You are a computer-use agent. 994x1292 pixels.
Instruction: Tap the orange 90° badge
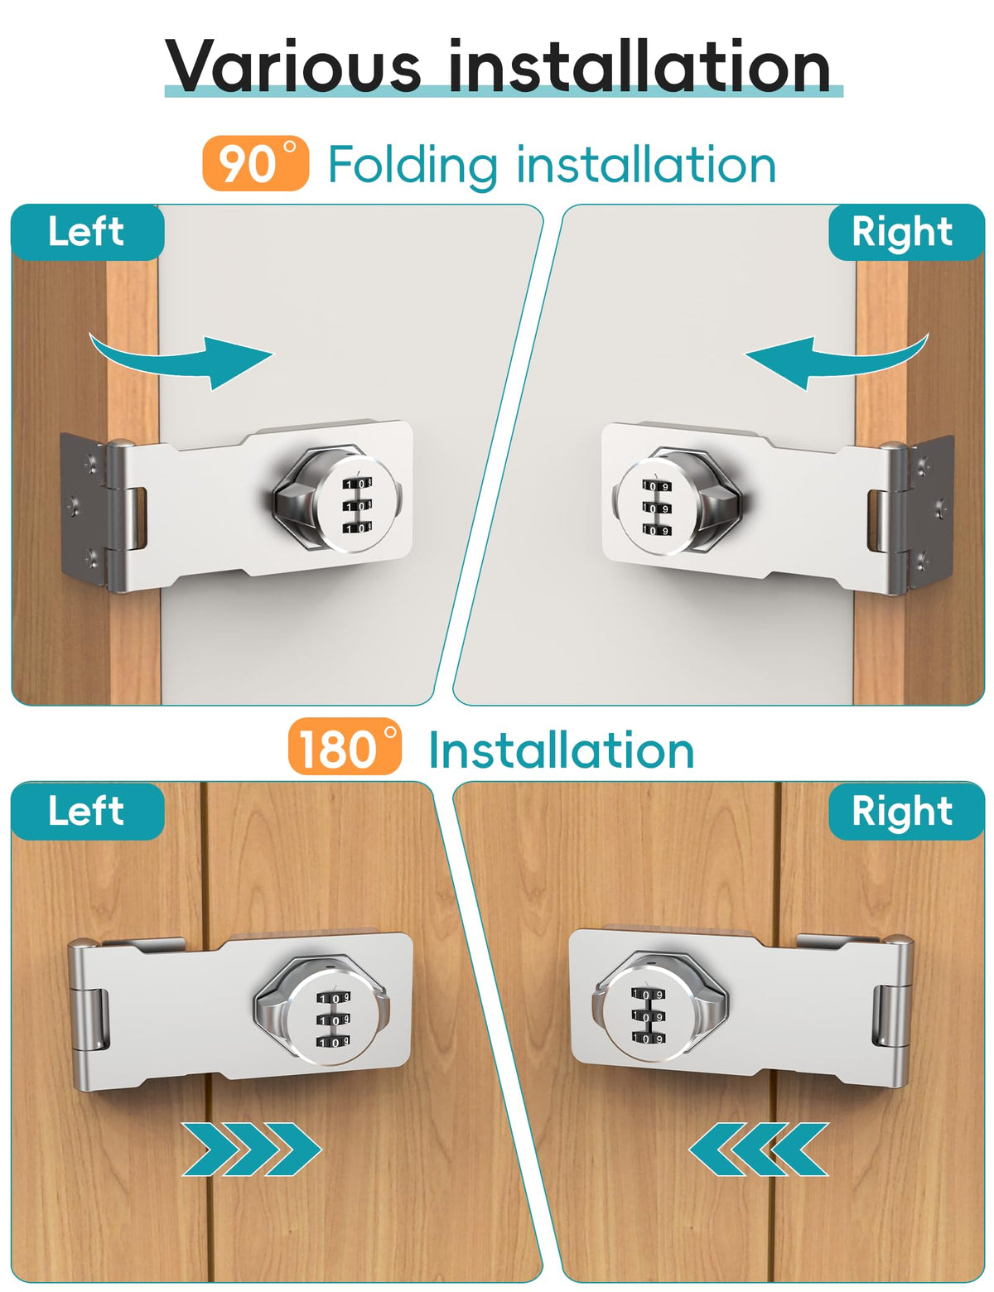click(256, 163)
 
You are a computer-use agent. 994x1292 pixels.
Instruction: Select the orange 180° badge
click(345, 747)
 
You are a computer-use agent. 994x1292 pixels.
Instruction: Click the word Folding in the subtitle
click(413, 166)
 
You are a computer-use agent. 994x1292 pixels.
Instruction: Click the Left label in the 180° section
click(87, 810)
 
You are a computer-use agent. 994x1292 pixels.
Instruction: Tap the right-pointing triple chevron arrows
click(252, 1150)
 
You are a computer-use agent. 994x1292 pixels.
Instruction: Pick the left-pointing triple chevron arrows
click(759, 1150)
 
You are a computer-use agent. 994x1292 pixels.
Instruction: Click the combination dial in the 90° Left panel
click(355, 504)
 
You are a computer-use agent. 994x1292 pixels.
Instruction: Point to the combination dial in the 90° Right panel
click(656, 507)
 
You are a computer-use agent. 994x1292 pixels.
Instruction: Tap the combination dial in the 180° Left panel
click(333, 1019)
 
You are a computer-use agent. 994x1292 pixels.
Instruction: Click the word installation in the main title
click(639, 65)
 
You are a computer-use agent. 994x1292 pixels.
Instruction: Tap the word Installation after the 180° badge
click(562, 750)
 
